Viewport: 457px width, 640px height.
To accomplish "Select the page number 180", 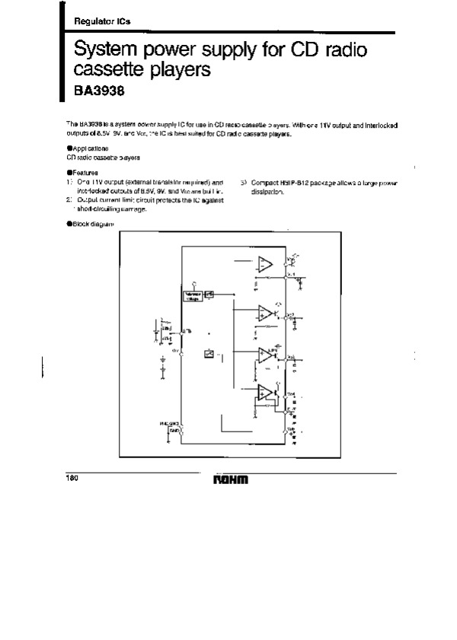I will (72, 479).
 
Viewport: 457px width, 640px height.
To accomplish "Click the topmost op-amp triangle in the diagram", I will (264, 264).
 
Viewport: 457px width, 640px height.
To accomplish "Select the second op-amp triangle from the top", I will (265, 311).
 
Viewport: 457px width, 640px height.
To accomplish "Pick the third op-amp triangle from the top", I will (265, 353).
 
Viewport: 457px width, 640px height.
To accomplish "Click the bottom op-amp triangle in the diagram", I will (264, 393).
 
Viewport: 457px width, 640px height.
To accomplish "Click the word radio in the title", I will (343, 52).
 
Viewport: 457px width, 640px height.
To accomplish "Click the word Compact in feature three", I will (262, 183).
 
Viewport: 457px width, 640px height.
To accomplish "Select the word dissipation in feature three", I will (267, 192).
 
